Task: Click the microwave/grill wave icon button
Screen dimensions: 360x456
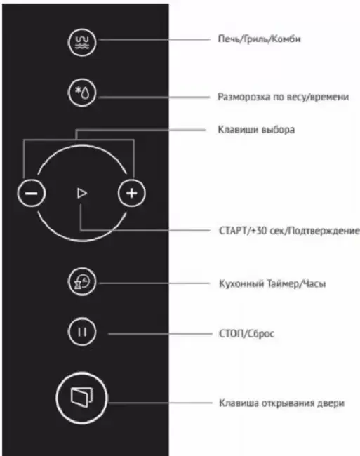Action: [x=82, y=42]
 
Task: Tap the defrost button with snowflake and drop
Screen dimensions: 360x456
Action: [x=82, y=93]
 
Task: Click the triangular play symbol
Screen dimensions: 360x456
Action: [x=82, y=193]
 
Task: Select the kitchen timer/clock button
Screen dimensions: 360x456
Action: [x=82, y=282]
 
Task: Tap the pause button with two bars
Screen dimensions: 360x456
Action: [x=82, y=332]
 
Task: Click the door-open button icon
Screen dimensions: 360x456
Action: [x=81, y=398]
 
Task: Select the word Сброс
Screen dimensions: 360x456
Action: [x=260, y=333]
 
